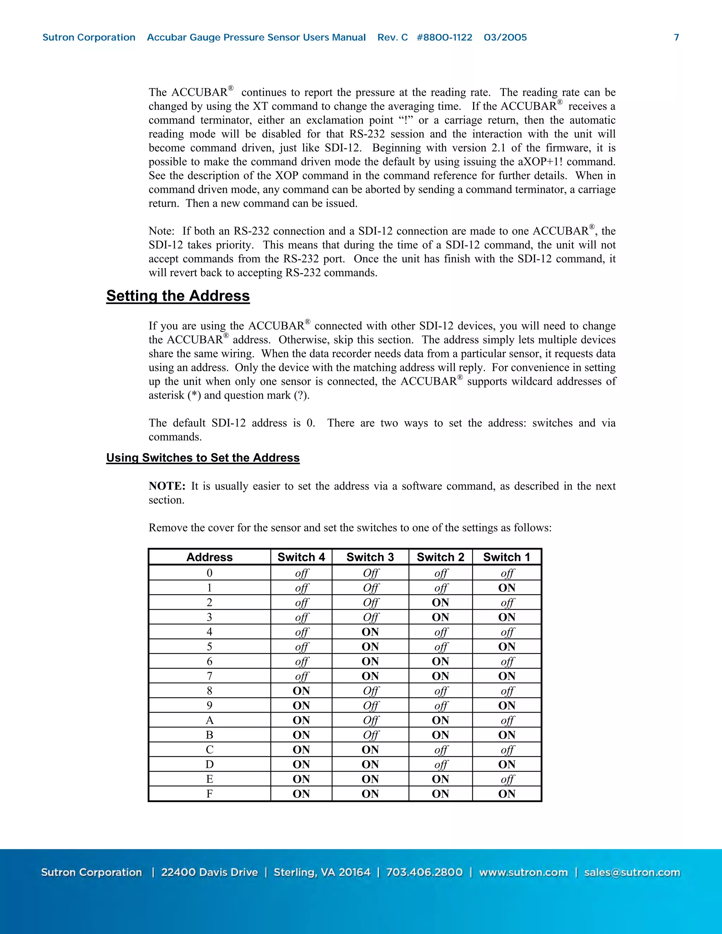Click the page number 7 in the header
[x=676, y=38]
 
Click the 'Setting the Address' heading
[x=178, y=296]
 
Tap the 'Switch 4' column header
[x=301, y=557]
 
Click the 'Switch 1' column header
[x=507, y=557]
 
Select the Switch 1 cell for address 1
[x=507, y=588]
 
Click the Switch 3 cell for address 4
[x=370, y=632]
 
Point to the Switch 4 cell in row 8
[x=301, y=691]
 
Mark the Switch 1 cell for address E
[x=507, y=779]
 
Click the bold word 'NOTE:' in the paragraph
[x=167, y=486]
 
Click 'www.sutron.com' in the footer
[x=523, y=872]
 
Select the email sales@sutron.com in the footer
[x=632, y=872]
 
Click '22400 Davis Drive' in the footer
[x=209, y=872]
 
